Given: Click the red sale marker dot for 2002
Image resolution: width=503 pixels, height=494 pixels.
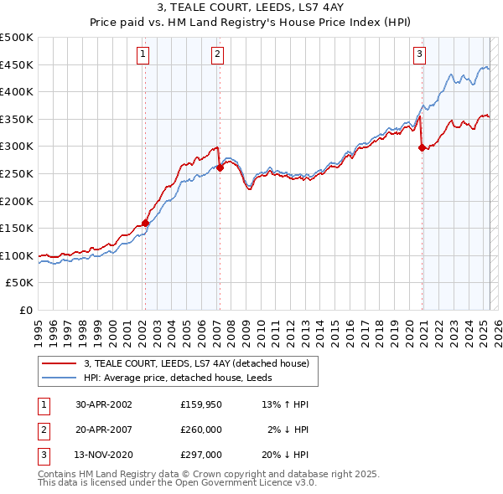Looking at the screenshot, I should coord(145,223).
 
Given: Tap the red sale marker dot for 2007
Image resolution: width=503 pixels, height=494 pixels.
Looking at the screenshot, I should coord(220,167).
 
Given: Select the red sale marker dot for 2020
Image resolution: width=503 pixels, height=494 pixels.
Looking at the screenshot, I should coord(422,148).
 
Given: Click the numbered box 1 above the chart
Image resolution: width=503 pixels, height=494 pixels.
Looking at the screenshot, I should coord(143,55).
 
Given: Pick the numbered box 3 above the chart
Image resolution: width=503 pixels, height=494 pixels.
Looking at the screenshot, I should coord(419,55).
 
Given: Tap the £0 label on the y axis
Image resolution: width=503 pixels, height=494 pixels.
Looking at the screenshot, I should coord(25,310).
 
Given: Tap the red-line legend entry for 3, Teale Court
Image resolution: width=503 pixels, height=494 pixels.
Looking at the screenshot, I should coord(196,363).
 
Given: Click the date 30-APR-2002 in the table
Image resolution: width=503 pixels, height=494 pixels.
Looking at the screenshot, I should coord(103,404).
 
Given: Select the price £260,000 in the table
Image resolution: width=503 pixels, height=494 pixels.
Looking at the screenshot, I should coord(200,430).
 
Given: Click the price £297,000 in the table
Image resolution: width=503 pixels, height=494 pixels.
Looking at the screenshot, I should coord(200,455).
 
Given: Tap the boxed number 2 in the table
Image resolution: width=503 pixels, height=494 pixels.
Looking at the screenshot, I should coord(44,430).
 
